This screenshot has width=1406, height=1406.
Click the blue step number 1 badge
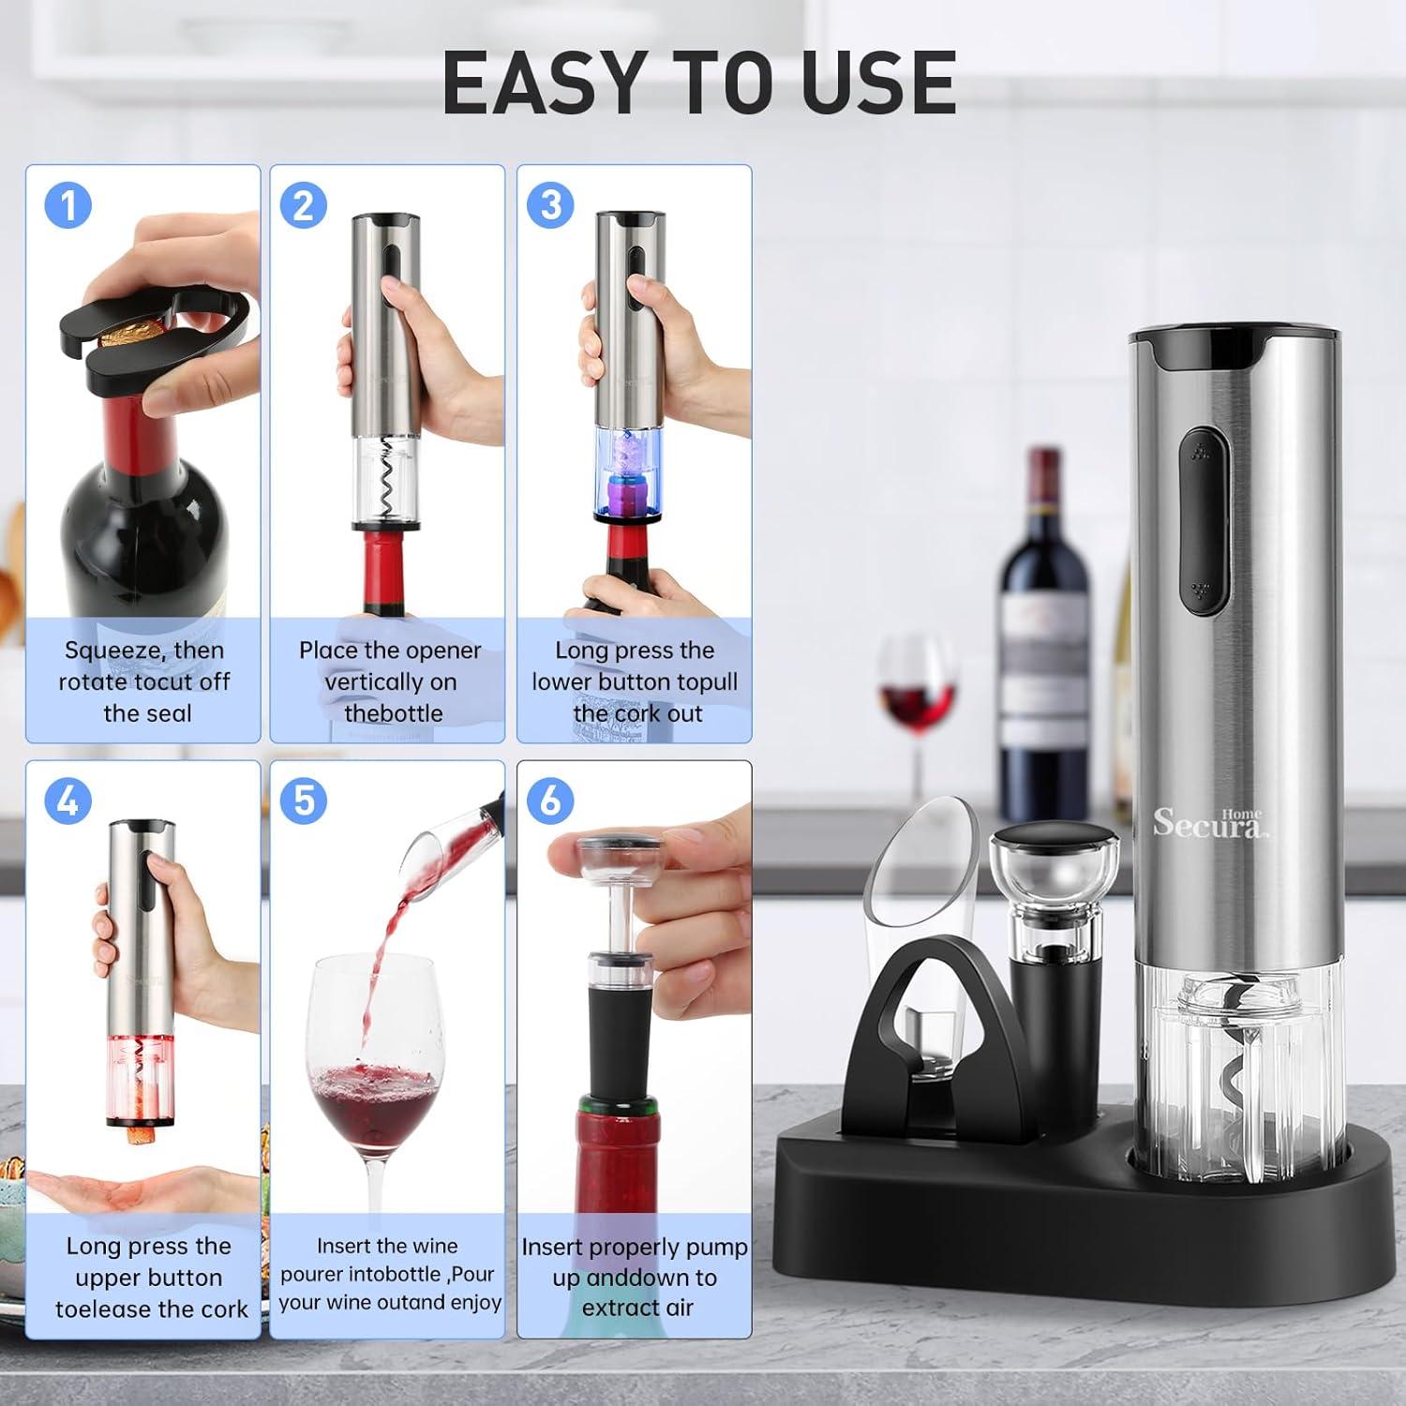[x=68, y=204]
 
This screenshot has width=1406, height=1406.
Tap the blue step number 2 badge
[x=304, y=204]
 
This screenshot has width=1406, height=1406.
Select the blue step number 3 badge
[x=550, y=204]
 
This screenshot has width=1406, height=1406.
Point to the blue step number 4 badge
[x=68, y=800]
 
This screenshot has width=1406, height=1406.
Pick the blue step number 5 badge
[x=304, y=800]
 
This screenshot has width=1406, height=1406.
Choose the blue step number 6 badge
[x=550, y=800]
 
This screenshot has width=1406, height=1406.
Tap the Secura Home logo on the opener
[x=1209, y=823]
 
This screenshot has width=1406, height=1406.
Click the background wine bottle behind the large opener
[x=1045, y=637]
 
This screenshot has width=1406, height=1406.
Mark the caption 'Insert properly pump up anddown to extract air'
[x=635, y=1277]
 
